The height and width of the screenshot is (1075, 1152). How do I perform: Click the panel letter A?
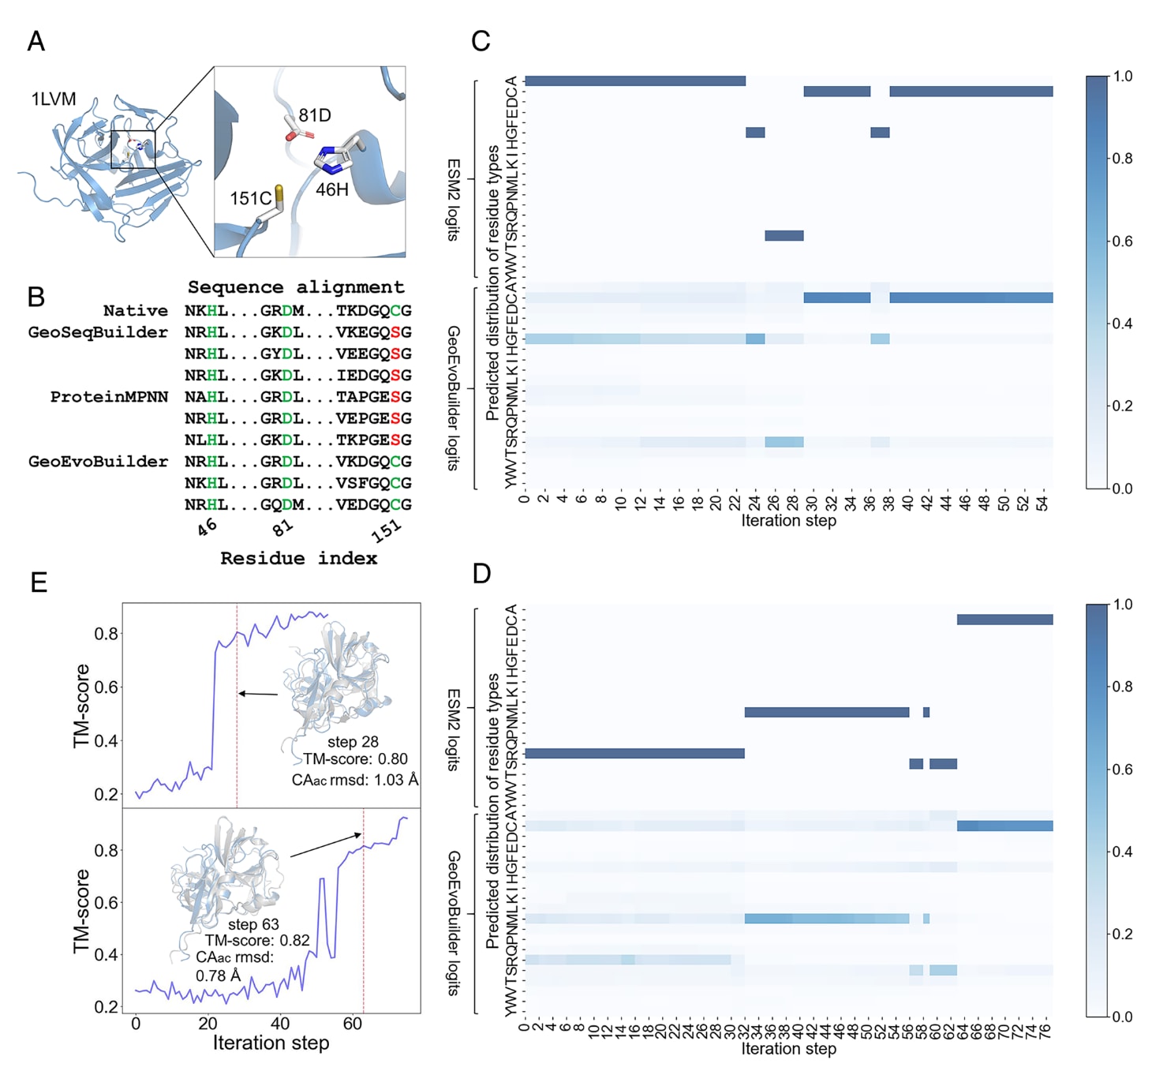click(36, 41)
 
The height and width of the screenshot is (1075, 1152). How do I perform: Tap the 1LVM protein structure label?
click(54, 99)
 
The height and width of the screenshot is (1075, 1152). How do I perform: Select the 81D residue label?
click(315, 115)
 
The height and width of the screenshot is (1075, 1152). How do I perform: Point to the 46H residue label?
click(331, 189)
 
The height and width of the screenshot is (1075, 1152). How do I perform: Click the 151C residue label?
click(250, 199)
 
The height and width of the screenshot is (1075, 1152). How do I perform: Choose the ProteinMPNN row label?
click(109, 397)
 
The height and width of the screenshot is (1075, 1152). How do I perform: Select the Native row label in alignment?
click(135, 311)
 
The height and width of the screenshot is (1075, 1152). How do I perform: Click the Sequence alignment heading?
click(296, 287)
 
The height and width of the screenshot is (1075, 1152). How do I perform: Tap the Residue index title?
click(298, 559)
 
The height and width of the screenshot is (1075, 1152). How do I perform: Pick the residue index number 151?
click(387, 530)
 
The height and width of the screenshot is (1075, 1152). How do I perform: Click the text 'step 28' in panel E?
click(353, 742)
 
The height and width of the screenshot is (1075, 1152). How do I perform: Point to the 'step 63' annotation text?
click(253, 924)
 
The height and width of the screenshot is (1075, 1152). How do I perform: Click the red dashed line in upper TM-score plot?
click(237, 710)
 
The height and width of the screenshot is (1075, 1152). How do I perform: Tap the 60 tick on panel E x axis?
click(353, 1024)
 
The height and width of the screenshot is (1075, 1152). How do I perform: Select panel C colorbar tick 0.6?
click(1123, 242)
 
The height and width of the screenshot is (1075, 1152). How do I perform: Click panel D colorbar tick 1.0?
click(1123, 605)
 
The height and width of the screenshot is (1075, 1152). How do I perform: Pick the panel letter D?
click(481, 574)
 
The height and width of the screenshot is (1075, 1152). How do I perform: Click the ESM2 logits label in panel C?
click(454, 199)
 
